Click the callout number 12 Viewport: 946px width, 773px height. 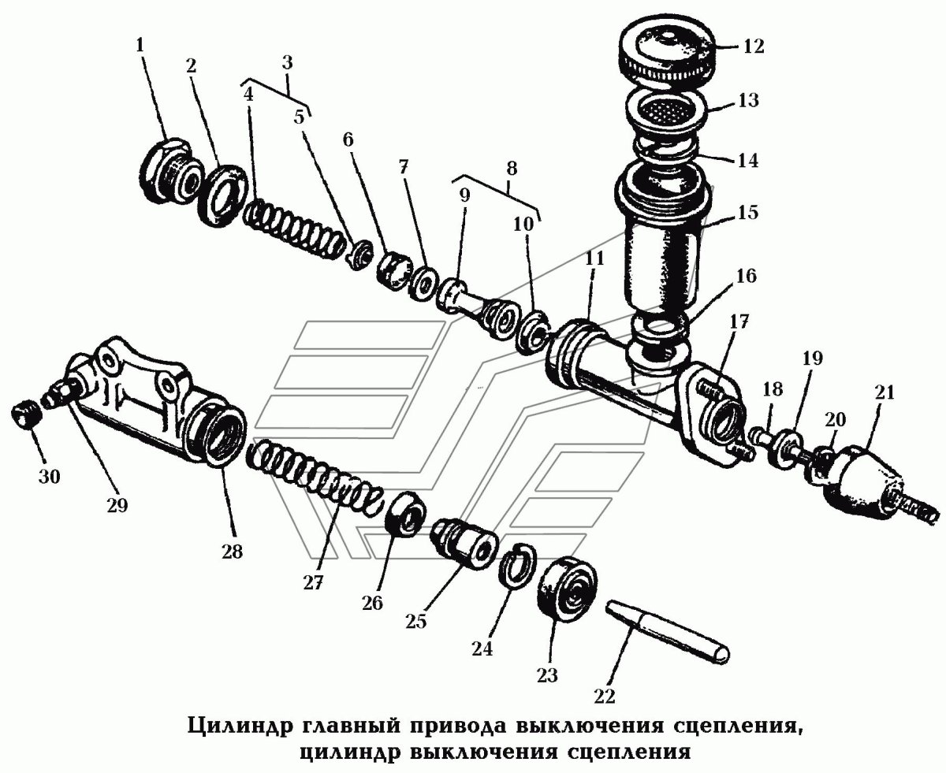click(753, 45)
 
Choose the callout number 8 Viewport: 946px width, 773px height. click(511, 168)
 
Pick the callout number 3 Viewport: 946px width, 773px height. click(286, 62)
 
